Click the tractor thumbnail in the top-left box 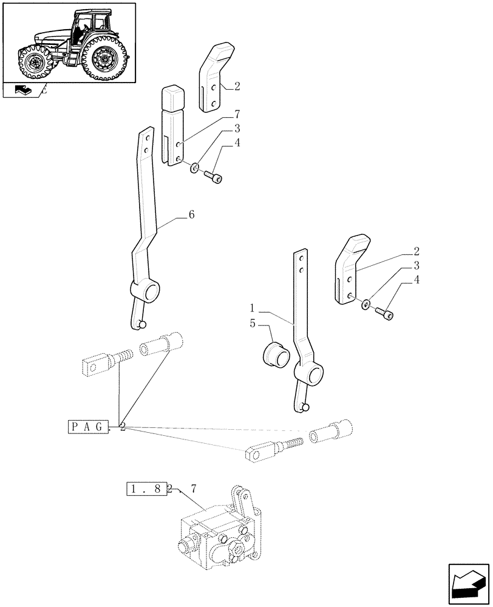tap(69, 42)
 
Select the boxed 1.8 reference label tap(146, 489)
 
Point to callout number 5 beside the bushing tap(252, 324)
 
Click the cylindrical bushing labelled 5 tap(273, 354)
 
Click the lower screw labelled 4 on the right tap(384, 313)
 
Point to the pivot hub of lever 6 tap(148, 294)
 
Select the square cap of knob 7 tap(172, 96)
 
